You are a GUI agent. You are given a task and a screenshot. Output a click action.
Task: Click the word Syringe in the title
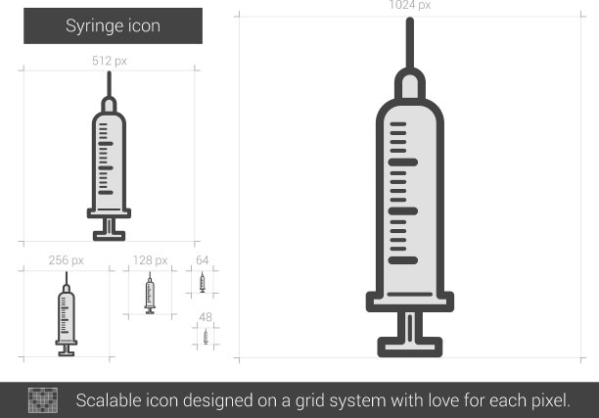94,26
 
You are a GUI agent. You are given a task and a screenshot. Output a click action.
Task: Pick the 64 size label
202,260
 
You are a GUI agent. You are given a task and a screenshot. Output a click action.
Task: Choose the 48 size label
206,317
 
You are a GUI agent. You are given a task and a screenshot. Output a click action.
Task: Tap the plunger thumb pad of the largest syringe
410,347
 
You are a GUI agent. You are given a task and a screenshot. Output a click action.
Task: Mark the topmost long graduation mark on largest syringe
403,163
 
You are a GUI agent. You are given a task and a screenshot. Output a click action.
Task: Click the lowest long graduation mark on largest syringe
403,260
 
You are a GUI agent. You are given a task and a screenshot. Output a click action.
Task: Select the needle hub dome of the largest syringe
410,84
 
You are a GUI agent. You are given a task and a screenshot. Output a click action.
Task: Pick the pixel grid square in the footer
43,400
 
